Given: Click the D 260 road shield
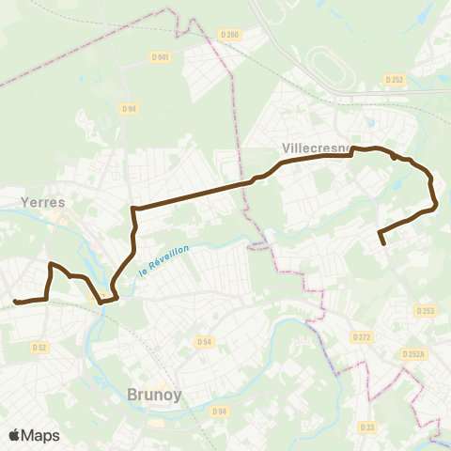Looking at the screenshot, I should tap(229, 35).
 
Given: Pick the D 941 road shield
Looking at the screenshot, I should tap(160, 57).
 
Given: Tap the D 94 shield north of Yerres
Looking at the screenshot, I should tap(129, 108).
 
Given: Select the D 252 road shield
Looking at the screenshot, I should tap(395, 80).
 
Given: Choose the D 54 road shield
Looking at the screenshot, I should tap(206, 342).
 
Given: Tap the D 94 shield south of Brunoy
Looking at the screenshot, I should tap(220, 411).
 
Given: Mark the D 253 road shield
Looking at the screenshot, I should tap(425, 311).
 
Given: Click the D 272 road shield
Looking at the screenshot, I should tap(363, 335).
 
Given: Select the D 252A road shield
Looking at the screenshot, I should tap(413, 353).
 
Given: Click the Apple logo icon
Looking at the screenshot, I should tap(14, 435).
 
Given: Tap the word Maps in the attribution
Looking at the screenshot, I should tap(40, 435).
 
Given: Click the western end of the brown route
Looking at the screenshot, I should tap(15, 302).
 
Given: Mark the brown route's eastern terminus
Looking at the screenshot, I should tap(383, 244).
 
